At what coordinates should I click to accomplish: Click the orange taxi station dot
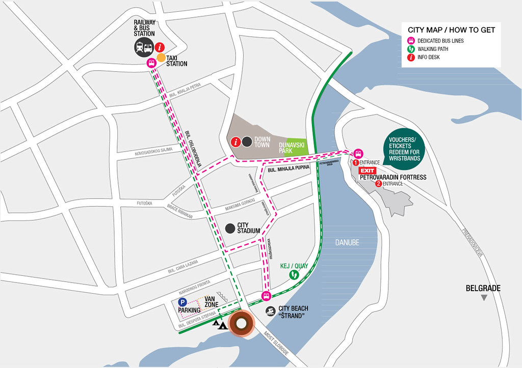[x=161, y=58]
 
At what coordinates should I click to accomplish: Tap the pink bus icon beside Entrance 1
[x=358, y=153]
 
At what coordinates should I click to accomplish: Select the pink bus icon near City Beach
[x=266, y=296]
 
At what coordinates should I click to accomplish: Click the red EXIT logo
[x=368, y=171]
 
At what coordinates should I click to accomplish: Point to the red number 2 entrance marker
[x=378, y=184]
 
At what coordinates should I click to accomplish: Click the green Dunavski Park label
[x=294, y=148]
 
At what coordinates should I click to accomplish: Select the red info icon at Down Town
[x=236, y=142]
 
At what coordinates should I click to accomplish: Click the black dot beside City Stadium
[x=230, y=229]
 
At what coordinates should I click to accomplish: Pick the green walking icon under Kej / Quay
[x=294, y=275]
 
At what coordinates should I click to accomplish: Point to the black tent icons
[x=220, y=324]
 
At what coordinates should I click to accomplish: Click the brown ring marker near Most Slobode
[x=241, y=324]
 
